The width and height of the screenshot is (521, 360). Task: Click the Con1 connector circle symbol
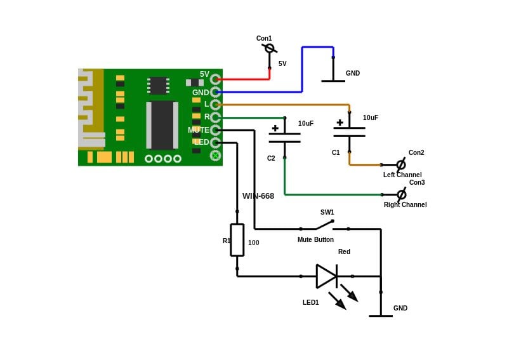tap(270, 48)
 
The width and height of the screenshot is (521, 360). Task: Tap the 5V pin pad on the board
tap(216, 79)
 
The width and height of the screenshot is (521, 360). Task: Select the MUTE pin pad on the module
tap(216, 130)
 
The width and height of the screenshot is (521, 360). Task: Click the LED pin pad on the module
tap(216, 143)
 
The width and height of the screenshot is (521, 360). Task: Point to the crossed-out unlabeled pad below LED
tap(216, 155)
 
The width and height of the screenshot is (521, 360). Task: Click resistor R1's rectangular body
tap(237, 240)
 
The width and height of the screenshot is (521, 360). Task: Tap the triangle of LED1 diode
tap(326, 276)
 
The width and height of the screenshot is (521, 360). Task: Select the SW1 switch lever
tap(324, 225)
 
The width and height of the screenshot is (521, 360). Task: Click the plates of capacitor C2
tap(285, 138)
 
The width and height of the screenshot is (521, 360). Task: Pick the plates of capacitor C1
tap(349, 132)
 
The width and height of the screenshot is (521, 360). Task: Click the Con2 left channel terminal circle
tap(401, 164)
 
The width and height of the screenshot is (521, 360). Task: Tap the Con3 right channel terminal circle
tap(402, 194)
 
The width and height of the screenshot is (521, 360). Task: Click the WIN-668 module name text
tap(258, 196)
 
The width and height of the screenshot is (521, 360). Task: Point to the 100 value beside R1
tap(254, 243)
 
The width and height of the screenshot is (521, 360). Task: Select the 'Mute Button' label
tap(315, 239)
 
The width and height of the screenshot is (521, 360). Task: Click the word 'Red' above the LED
tap(344, 251)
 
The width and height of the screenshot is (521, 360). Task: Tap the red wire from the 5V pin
tap(246, 79)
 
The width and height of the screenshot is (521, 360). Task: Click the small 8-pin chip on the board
tap(158, 86)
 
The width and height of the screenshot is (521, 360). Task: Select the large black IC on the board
tap(162, 125)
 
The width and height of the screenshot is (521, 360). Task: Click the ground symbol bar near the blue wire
tap(333, 81)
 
